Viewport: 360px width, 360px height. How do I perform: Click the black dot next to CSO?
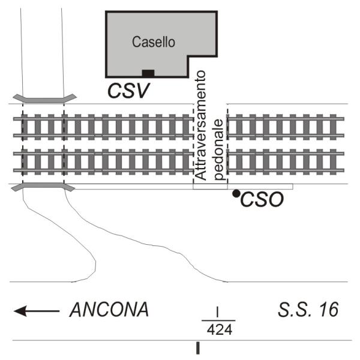click(x=236, y=193)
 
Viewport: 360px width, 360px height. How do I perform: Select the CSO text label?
click(x=262, y=200)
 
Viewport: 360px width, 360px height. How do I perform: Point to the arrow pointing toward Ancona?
click(x=37, y=311)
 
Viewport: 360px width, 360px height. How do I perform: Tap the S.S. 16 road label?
click(x=308, y=310)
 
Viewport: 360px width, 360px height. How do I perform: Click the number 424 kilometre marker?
click(x=217, y=329)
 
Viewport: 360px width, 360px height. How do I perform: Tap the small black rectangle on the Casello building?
click(x=148, y=73)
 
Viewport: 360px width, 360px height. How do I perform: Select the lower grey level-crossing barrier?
click(x=43, y=188)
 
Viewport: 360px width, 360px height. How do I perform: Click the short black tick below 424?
click(x=198, y=348)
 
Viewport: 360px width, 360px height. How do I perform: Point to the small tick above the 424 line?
click(x=217, y=311)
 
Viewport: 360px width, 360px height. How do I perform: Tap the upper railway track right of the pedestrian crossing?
click(x=288, y=127)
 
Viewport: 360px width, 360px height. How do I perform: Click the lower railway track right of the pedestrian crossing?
click(x=288, y=161)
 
